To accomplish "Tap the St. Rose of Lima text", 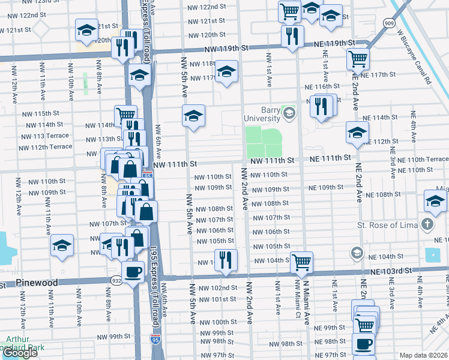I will [x=387, y=226].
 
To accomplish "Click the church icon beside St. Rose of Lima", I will [x=427, y=226].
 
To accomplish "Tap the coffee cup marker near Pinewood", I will [x=133, y=271].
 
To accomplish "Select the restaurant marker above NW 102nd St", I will [x=226, y=259].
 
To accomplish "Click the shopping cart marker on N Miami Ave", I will [x=301, y=262].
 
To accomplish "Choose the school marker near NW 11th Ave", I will [x=62, y=245].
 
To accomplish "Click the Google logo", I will [x=20, y=353].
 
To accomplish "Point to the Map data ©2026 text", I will [x=423, y=355].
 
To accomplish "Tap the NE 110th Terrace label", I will [x=418, y=159].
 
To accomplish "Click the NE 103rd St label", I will [x=392, y=271].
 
